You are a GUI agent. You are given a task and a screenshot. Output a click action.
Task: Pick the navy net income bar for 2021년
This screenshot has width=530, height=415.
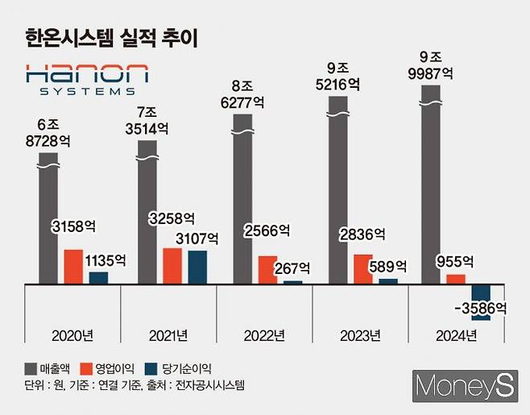coord(197,267)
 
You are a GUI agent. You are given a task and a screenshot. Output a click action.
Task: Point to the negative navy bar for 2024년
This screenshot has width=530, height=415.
coord(481,301)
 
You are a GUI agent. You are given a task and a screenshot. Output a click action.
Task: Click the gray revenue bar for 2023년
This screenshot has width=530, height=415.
coord(339,193)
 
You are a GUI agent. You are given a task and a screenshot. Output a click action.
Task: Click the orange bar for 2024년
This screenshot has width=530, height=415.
coord(456,279)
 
